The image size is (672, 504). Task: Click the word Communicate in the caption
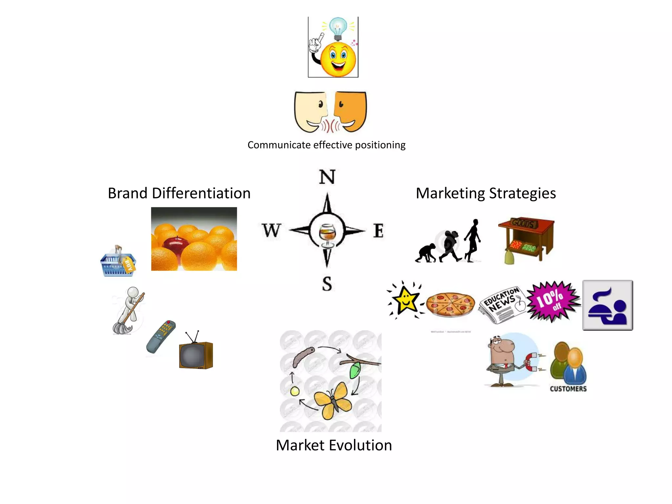[279, 145]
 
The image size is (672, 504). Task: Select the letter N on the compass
[327, 177]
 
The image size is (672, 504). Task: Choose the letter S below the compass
[327, 284]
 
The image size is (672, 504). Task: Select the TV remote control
[161, 336]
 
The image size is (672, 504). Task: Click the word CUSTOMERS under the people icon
[568, 389]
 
